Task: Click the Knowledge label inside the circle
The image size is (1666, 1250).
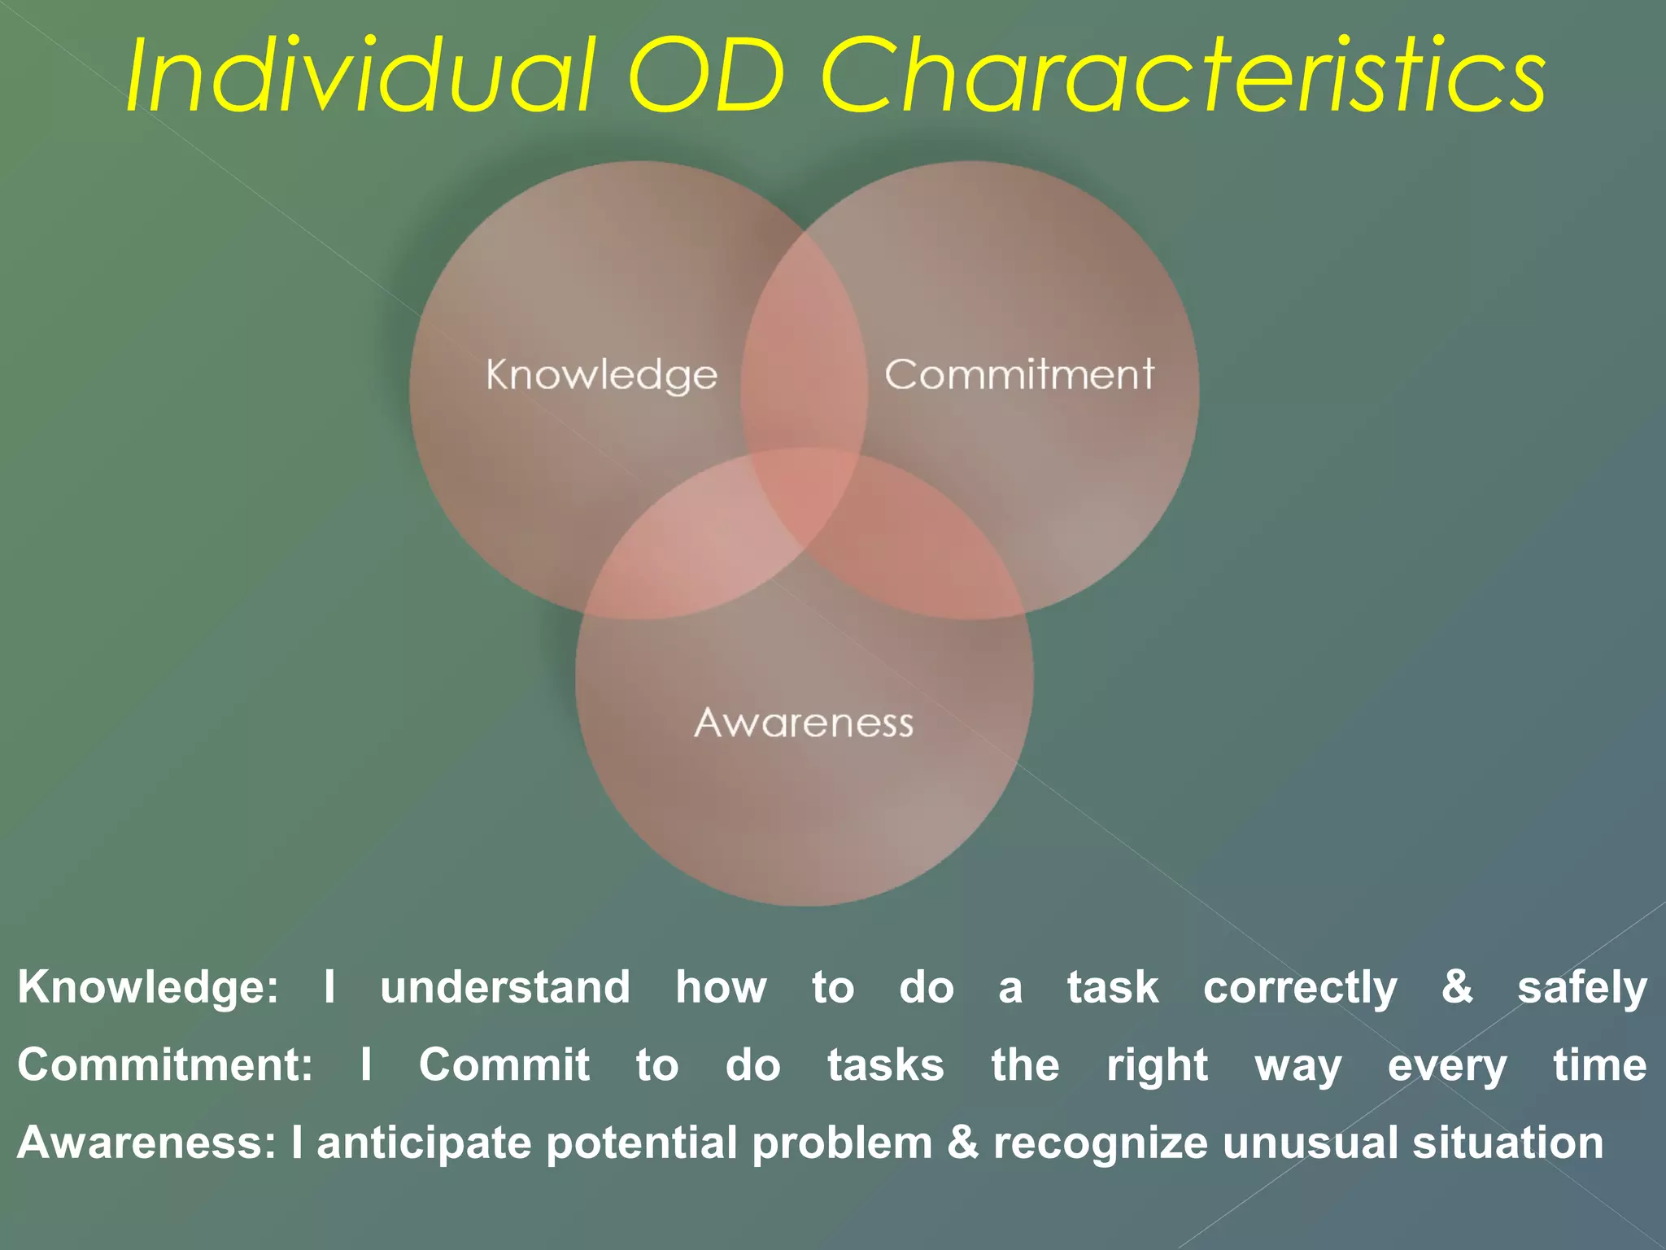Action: (602, 375)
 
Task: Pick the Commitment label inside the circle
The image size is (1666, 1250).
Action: (1018, 374)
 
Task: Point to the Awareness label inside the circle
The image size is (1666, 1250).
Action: (804, 723)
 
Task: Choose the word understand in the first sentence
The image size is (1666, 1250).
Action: (505, 988)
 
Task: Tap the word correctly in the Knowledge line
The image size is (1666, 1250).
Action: (1299, 988)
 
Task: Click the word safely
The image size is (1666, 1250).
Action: (1581, 988)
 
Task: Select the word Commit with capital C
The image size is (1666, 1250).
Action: (504, 1065)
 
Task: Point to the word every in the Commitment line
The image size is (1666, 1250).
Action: (1447, 1065)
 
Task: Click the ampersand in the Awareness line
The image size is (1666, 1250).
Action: (962, 1143)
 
